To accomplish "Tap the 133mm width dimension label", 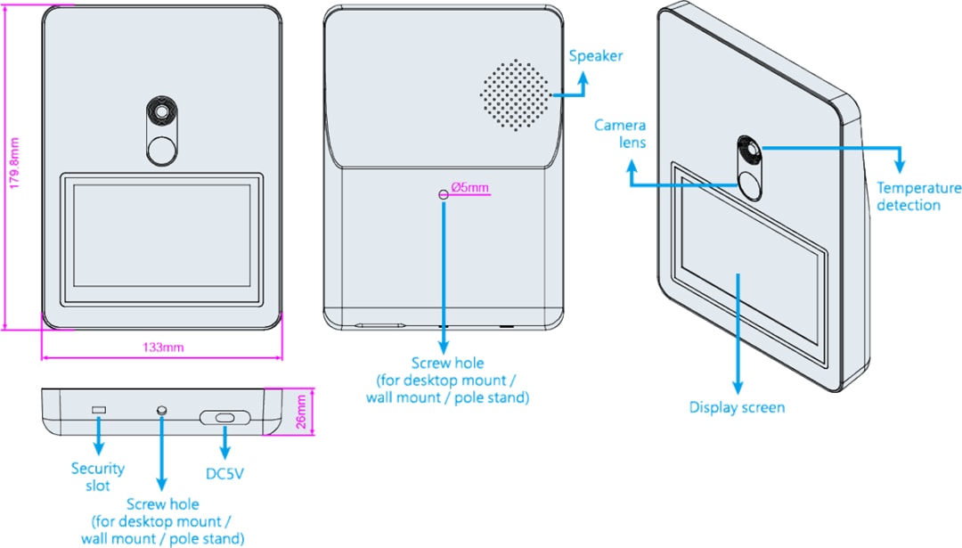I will [x=162, y=348].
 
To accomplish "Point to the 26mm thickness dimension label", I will [x=301, y=413].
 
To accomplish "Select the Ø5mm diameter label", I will [x=470, y=187].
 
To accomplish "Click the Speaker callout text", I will [x=596, y=56].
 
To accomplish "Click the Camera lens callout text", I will [x=620, y=134].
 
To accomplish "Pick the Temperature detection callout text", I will [x=919, y=196].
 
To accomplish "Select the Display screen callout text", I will [x=738, y=407].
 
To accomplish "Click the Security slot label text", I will [x=98, y=477].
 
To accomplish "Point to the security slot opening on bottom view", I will [x=99, y=410].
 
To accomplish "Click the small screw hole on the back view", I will [x=443, y=194].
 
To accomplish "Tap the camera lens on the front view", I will [x=162, y=112].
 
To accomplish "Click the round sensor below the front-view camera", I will [x=162, y=150].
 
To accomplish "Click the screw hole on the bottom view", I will [x=161, y=409].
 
